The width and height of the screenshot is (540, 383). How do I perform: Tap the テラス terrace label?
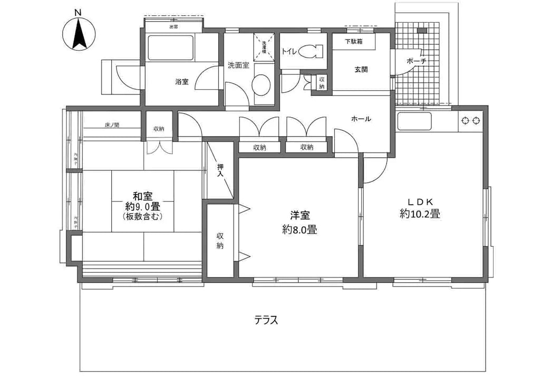tap(266, 320)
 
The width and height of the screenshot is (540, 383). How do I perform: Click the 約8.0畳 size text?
tap(299, 229)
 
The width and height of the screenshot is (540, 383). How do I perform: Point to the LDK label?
tap(419, 202)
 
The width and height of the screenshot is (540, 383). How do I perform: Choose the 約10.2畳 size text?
tap(420, 214)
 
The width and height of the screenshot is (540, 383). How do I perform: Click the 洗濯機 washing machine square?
tap(264, 44)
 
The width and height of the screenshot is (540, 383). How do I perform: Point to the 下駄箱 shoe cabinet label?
tap(353, 42)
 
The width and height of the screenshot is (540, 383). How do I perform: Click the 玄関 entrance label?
tap(361, 69)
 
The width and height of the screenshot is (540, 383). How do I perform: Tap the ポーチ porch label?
tap(416, 61)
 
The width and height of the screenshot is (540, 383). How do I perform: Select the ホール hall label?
tap(361, 119)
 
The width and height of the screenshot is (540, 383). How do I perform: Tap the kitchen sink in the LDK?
tap(414, 121)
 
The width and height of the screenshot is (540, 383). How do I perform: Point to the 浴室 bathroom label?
tap(182, 82)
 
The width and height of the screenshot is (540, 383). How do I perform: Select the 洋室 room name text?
tap(300, 216)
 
